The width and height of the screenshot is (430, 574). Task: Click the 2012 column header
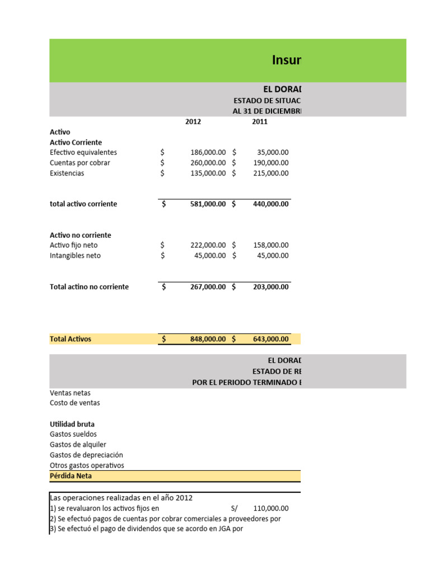click(x=193, y=122)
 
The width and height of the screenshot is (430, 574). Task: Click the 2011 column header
click(x=260, y=122)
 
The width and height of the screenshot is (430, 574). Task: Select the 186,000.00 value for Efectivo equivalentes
click(x=208, y=152)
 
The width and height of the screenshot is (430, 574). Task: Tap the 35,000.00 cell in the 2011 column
click(x=273, y=152)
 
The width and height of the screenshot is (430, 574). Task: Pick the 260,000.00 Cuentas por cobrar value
click(x=208, y=163)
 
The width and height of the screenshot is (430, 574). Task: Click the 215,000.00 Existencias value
click(x=271, y=173)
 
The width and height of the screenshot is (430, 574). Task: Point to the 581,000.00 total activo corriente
click(x=208, y=204)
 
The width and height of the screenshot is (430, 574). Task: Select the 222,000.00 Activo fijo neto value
click(x=208, y=245)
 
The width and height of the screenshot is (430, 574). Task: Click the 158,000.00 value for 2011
click(x=271, y=245)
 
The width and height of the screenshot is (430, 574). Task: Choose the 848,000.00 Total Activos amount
click(x=208, y=339)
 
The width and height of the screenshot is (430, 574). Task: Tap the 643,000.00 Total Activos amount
click(x=271, y=339)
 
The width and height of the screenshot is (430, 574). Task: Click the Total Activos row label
click(x=71, y=339)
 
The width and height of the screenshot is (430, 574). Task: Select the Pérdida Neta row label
click(x=71, y=476)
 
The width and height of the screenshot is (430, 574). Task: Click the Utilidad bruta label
click(x=72, y=424)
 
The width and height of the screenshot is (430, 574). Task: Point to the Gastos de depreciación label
click(x=86, y=455)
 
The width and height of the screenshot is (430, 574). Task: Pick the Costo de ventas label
click(x=75, y=403)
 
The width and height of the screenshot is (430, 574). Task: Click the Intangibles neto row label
click(x=76, y=256)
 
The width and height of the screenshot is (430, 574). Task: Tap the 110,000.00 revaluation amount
click(x=271, y=508)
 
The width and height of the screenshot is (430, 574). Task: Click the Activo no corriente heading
click(x=81, y=235)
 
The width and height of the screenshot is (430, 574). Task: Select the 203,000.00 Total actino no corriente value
click(x=271, y=287)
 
